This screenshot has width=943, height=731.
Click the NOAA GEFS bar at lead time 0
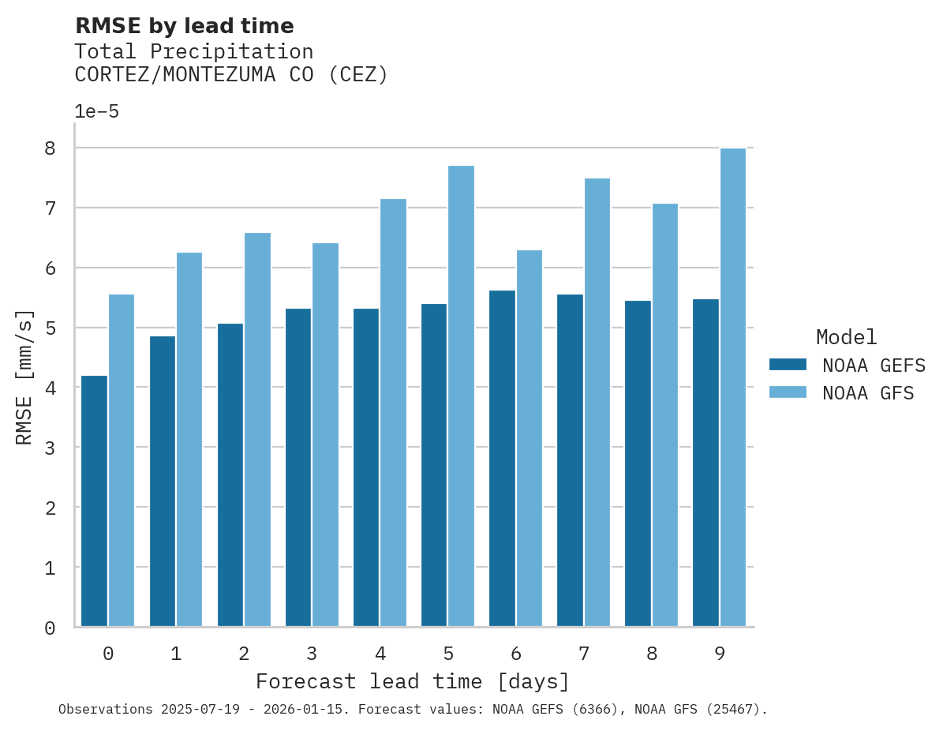pyautogui.click(x=94, y=501)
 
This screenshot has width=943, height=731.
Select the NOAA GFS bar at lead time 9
pyautogui.click(x=733, y=388)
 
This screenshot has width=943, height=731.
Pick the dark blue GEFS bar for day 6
pyautogui.click(x=502, y=459)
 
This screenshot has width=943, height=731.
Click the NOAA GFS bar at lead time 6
pyautogui.click(x=530, y=438)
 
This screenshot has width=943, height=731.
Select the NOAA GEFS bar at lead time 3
pyautogui.click(x=298, y=467)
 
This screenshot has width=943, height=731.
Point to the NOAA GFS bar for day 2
pyautogui.click(x=257, y=429)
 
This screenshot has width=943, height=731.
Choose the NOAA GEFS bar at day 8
pyautogui.click(x=638, y=463)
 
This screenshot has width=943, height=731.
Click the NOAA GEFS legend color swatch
pyautogui.click(x=788, y=365)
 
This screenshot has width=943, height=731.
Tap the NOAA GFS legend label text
pyautogui.click(x=868, y=393)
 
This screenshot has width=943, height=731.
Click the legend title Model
pyautogui.click(x=846, y=337)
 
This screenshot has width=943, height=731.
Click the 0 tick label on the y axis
pyautogui.click(x=49, y=628)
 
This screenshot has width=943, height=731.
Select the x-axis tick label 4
pyautogui.click(x=380, y=654)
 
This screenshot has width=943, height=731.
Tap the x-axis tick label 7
pyautogui.click(x=584, y=654)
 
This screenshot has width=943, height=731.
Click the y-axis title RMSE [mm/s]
pyautogui.click(x=24, y=377)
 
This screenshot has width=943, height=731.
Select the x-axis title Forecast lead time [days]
pyautogui.click(x=412, y=681)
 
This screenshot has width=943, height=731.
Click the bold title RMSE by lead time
pyautogui.click(x=184, y=26)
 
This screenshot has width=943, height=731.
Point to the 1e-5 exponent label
pyautogui.click(x=96, y=111)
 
